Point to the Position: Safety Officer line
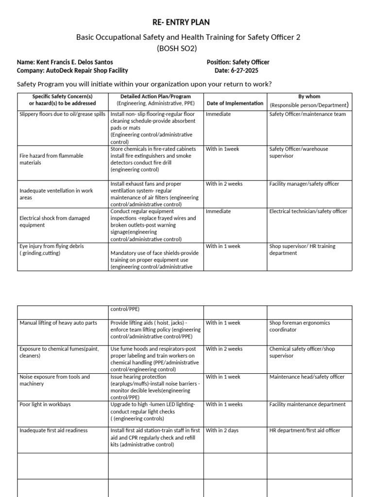[x=238, y=62]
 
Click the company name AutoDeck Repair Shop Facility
[x=72, y=70]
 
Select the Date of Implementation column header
[x=235, y=103]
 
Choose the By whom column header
[x=309, y=100]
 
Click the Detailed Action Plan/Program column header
[x=155, y=100]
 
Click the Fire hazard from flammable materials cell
[x=51, y=159]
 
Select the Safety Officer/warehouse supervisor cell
[x=299, y=152]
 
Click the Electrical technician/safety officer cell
[x=308, y=212]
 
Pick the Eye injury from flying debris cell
[x=51, y=249]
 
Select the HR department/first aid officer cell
[x=305, y=431]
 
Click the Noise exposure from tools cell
[x=54, y=380]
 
